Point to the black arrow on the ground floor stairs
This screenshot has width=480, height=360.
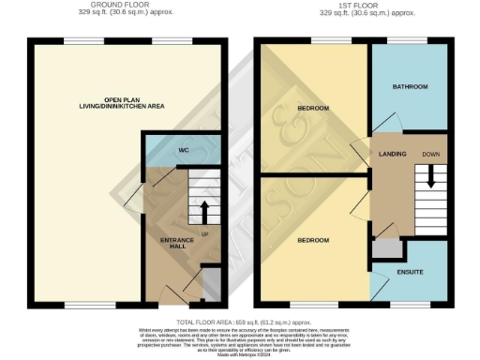202,208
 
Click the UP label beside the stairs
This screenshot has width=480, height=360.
203,233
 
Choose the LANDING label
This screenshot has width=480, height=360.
391,152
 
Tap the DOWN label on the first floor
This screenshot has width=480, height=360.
431,152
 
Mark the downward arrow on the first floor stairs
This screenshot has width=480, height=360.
431,176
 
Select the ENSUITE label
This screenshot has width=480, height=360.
411,272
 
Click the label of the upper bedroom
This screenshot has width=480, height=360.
313,109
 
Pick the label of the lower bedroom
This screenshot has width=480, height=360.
313,241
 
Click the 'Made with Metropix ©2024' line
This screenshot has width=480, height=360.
240,354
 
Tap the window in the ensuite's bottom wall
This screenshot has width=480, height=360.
411,305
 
